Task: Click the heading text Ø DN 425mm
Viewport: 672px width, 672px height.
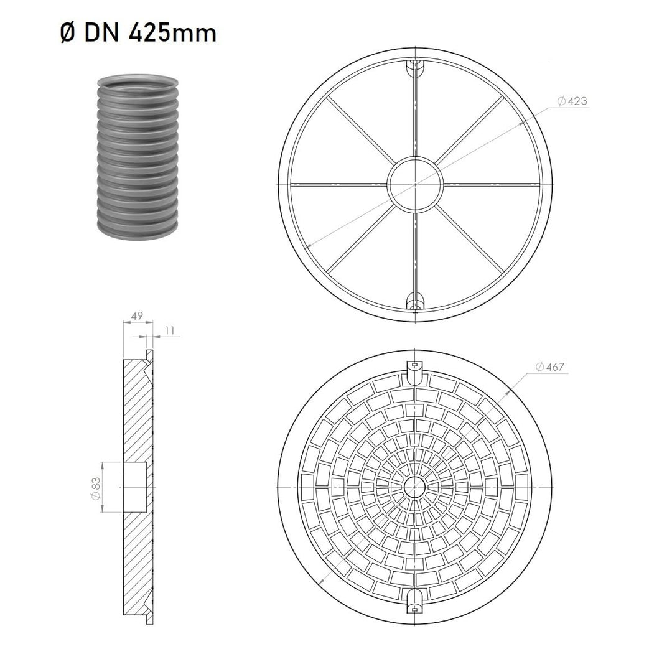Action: coord(138,33)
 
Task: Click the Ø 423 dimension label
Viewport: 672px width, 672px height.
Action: coord(572,101)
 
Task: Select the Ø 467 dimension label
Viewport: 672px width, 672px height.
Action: coord(550,367)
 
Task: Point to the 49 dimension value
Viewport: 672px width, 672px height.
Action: coord(137,316)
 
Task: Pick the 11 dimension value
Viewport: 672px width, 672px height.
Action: coord(170,330)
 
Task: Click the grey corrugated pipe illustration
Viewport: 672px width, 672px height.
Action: coord(137,157)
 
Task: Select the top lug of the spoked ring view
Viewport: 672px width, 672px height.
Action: coord(415,67)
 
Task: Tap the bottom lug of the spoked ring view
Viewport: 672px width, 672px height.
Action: coord(415,301)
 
